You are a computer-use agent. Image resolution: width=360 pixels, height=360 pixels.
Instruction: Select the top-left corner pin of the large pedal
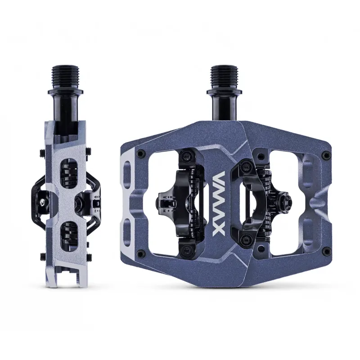coord(141,153)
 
